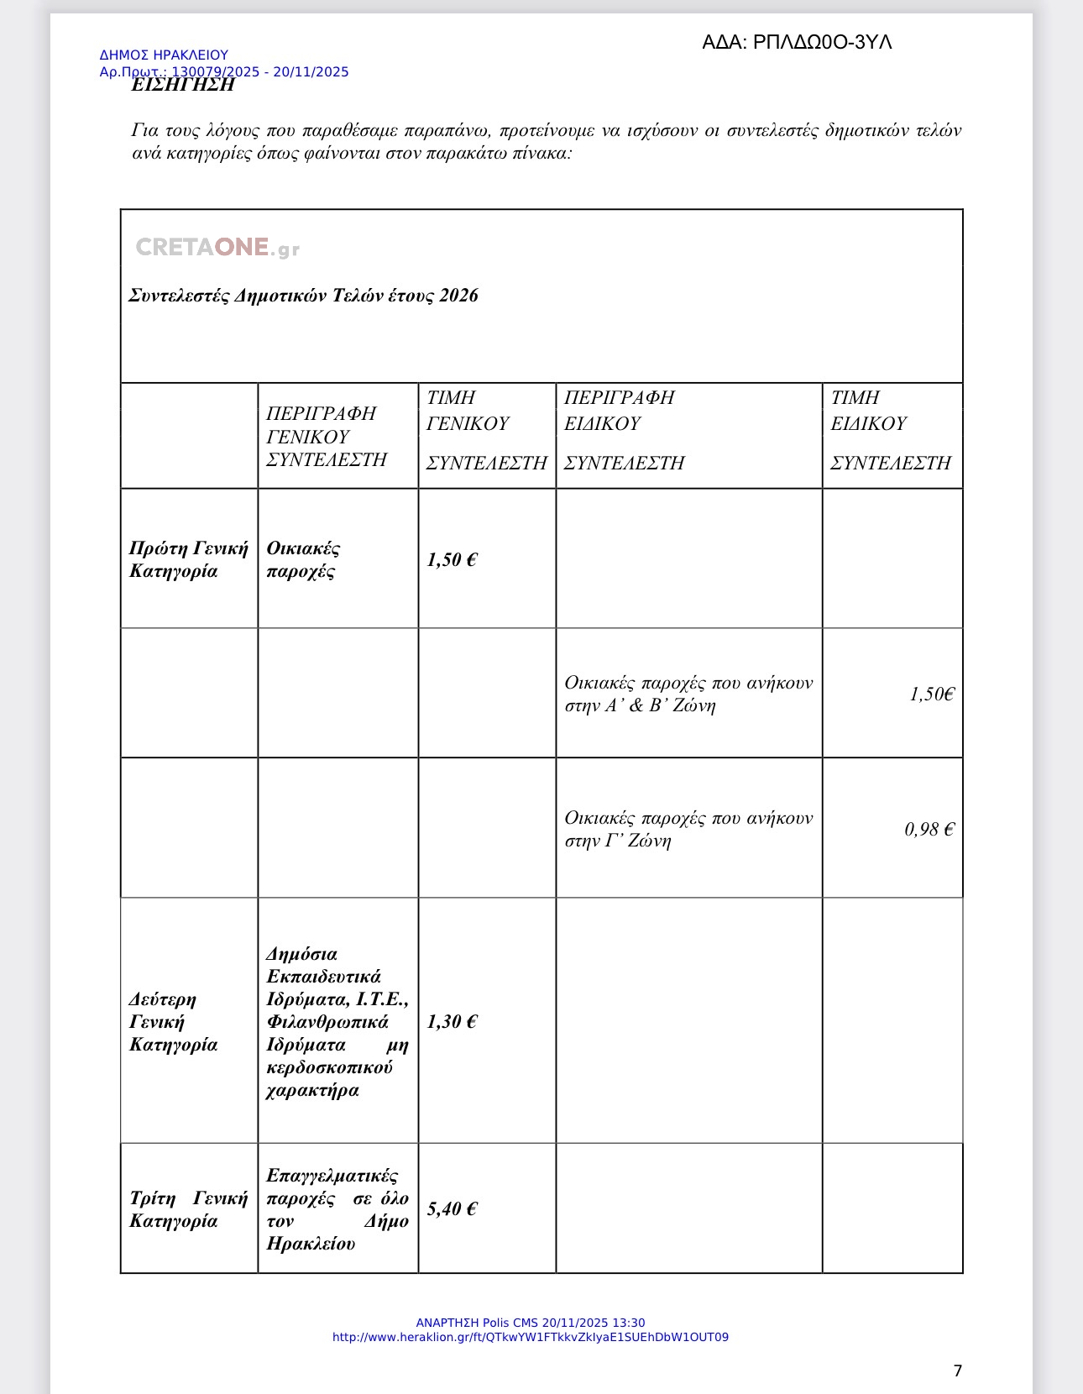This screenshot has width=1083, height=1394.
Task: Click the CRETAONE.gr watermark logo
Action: [x=217, y=248]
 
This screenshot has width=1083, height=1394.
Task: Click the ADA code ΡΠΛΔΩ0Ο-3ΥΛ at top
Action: [x=797, y=42]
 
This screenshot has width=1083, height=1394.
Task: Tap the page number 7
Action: [x=957, y=1370]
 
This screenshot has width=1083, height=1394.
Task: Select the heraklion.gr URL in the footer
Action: [x=531, y=1337]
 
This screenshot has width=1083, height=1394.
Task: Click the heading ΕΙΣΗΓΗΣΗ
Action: [x=183, y=85]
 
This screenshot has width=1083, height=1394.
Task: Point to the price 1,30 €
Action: [x=452, y=1022]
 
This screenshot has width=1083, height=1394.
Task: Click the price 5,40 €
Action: [x=452, y=1209]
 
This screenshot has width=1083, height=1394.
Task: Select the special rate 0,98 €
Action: [x=929, y=830]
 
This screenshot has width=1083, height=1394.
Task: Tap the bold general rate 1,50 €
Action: [x=452, y=560]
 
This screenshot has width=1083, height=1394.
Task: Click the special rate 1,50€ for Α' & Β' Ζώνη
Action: [x=931, y=694]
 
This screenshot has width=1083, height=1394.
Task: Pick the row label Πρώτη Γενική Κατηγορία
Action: [x=188, y=560]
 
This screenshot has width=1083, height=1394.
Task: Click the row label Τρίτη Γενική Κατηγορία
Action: [x=188, y=1209]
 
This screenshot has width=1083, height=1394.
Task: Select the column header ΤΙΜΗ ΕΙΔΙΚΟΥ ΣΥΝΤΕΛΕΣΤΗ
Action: [x=890, y=430]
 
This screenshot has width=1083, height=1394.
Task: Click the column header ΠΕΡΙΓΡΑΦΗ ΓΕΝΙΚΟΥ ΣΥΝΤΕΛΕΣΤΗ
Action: [x=327, y=437]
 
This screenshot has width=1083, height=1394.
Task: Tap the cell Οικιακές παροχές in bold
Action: [x=303, y=560]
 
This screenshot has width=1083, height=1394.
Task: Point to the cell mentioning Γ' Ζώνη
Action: [x=688, y=830]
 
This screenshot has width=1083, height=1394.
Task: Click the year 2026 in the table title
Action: [x=458, y=296]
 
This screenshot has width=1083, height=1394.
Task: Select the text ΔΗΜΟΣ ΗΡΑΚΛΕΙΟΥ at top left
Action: [x=164, y=55]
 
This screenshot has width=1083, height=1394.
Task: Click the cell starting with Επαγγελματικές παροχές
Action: [x=337, y=1209]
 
